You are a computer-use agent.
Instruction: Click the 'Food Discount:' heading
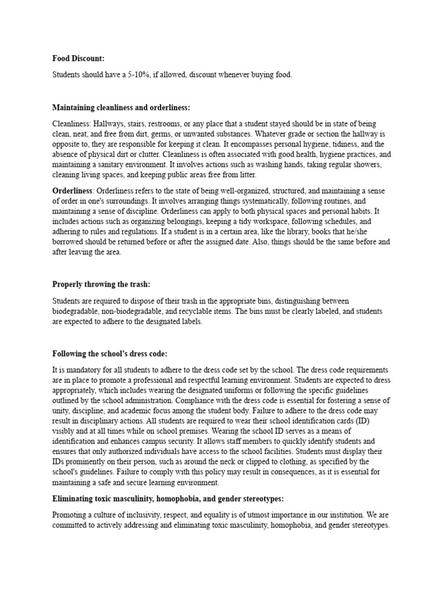tap(78, 58)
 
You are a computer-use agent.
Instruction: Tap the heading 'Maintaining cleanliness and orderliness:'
tap(121, 108)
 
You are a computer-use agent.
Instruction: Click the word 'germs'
tap(152, 134)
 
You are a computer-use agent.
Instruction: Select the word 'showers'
tap(364, 164)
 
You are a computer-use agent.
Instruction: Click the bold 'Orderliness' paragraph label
tap(72, 191)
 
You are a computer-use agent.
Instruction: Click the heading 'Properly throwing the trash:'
tap(101, 284)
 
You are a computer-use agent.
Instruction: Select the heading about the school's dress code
tap(110, 354)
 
